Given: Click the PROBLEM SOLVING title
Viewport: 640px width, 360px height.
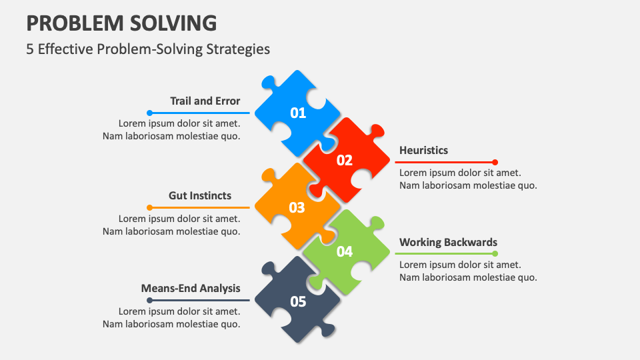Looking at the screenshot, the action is click(121, 23).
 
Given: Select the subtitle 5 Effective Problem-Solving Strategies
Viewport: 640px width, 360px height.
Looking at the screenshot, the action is click(148, 49).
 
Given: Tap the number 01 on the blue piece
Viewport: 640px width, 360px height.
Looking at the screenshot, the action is click(298, 113).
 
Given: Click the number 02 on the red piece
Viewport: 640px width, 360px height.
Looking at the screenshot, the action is click(345, 161).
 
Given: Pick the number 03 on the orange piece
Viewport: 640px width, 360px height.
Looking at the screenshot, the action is click(297, 208).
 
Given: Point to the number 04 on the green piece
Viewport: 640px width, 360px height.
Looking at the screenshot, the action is click(345, 251).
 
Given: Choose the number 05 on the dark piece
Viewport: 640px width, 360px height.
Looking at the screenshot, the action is click(298, 301).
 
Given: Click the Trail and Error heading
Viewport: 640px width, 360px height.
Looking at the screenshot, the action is click(205, 101).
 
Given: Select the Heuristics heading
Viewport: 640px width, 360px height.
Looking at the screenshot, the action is click(423, 150).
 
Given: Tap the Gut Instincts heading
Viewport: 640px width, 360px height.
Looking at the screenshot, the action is click(200, 195).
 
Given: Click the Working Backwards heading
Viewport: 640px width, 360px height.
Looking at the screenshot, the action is click(448, 242).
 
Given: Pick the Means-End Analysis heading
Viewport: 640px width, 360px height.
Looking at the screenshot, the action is click(191, 288).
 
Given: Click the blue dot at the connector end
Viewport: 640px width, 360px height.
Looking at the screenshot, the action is click(150, 113).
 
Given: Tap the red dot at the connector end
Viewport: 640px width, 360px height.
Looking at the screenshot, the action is click(495, 163).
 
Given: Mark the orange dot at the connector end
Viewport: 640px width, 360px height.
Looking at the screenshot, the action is click(150, 208).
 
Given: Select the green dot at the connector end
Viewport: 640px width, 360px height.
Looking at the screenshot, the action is click(495, 254).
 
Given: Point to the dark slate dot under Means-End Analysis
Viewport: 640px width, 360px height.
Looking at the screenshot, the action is click(150, 301).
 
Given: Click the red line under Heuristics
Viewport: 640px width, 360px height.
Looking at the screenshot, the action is click(444, 163).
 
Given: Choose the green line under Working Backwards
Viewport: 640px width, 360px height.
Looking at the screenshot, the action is click(444, 254).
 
